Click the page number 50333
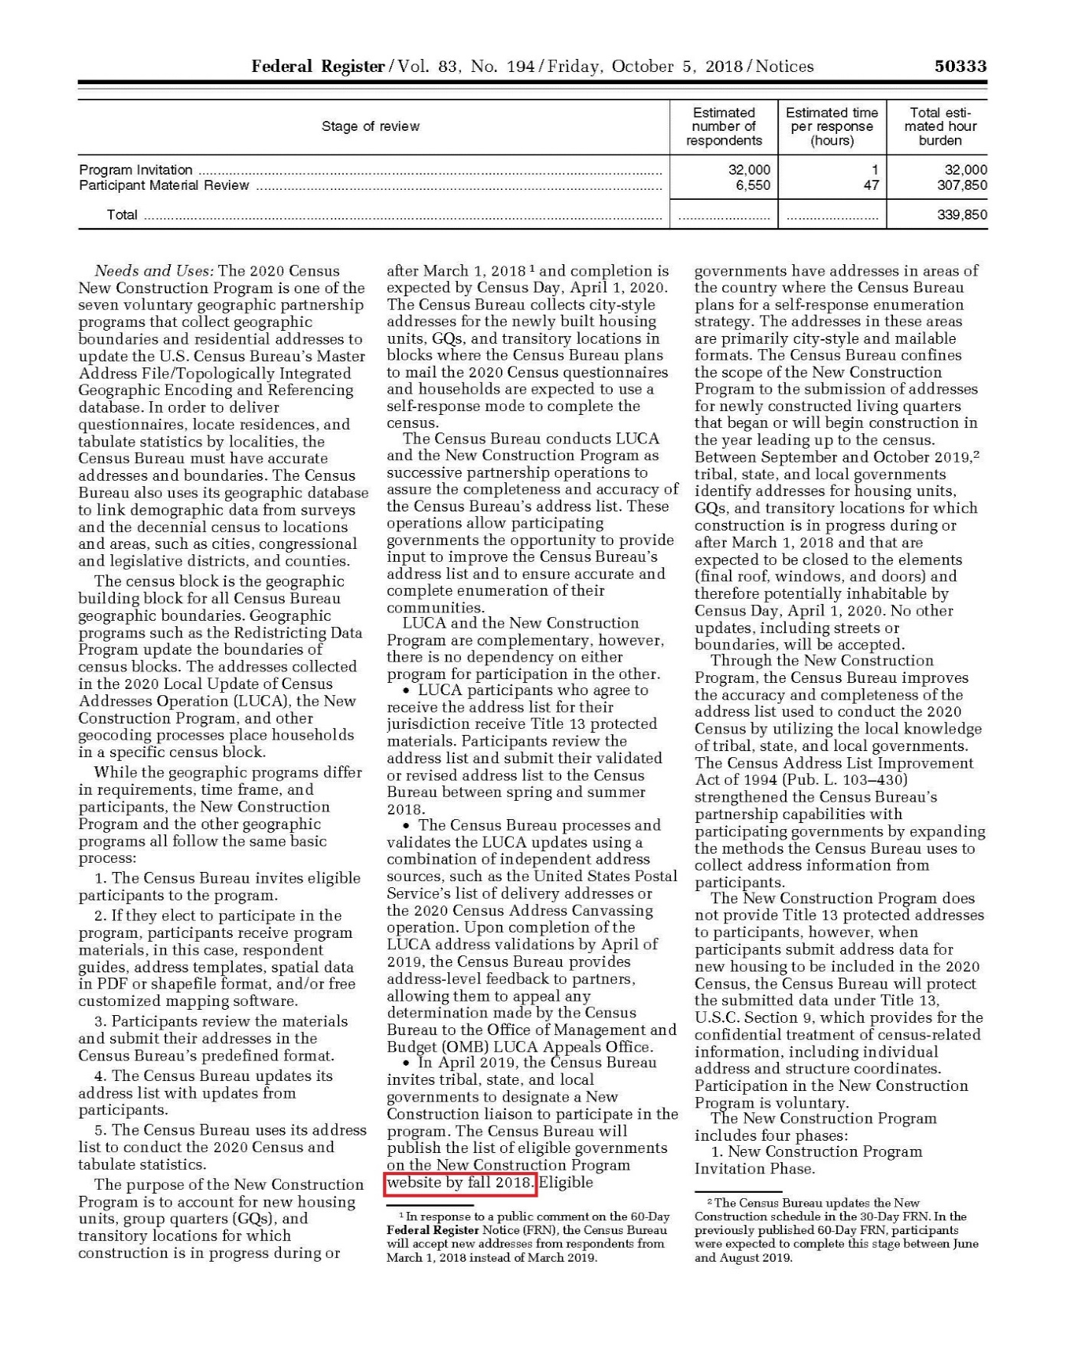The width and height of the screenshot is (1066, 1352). (960, 67)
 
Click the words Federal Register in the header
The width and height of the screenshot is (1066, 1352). (317, 67)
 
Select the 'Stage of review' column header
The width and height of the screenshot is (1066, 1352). (371, 126)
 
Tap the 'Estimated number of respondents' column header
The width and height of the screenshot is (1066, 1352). (724, 126)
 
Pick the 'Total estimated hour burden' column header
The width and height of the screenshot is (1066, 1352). (940, 126)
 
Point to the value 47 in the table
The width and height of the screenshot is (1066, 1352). (871, 185)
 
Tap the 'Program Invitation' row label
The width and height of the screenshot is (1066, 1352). (136, 170)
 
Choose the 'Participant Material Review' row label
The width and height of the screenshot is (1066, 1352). (164, 185)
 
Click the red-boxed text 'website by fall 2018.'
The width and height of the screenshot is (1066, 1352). (460, 1182)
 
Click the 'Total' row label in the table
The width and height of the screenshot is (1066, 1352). (122, 215)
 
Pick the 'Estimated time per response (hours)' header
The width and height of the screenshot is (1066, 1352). (832, 126)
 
